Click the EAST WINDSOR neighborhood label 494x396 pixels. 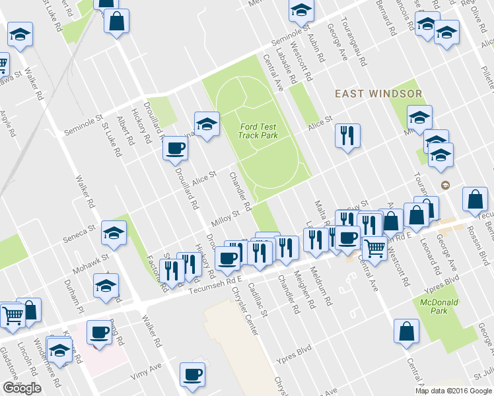pos(378,94)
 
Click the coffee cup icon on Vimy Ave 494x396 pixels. pos(193,375)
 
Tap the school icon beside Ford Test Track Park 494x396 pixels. pos(206,124)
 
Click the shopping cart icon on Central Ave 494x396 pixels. pos(374,249)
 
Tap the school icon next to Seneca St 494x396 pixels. pos(114,232)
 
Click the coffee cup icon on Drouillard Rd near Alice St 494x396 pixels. pos(175,148)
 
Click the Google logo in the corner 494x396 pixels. pos(22,388)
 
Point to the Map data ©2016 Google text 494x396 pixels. pos(454,391)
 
